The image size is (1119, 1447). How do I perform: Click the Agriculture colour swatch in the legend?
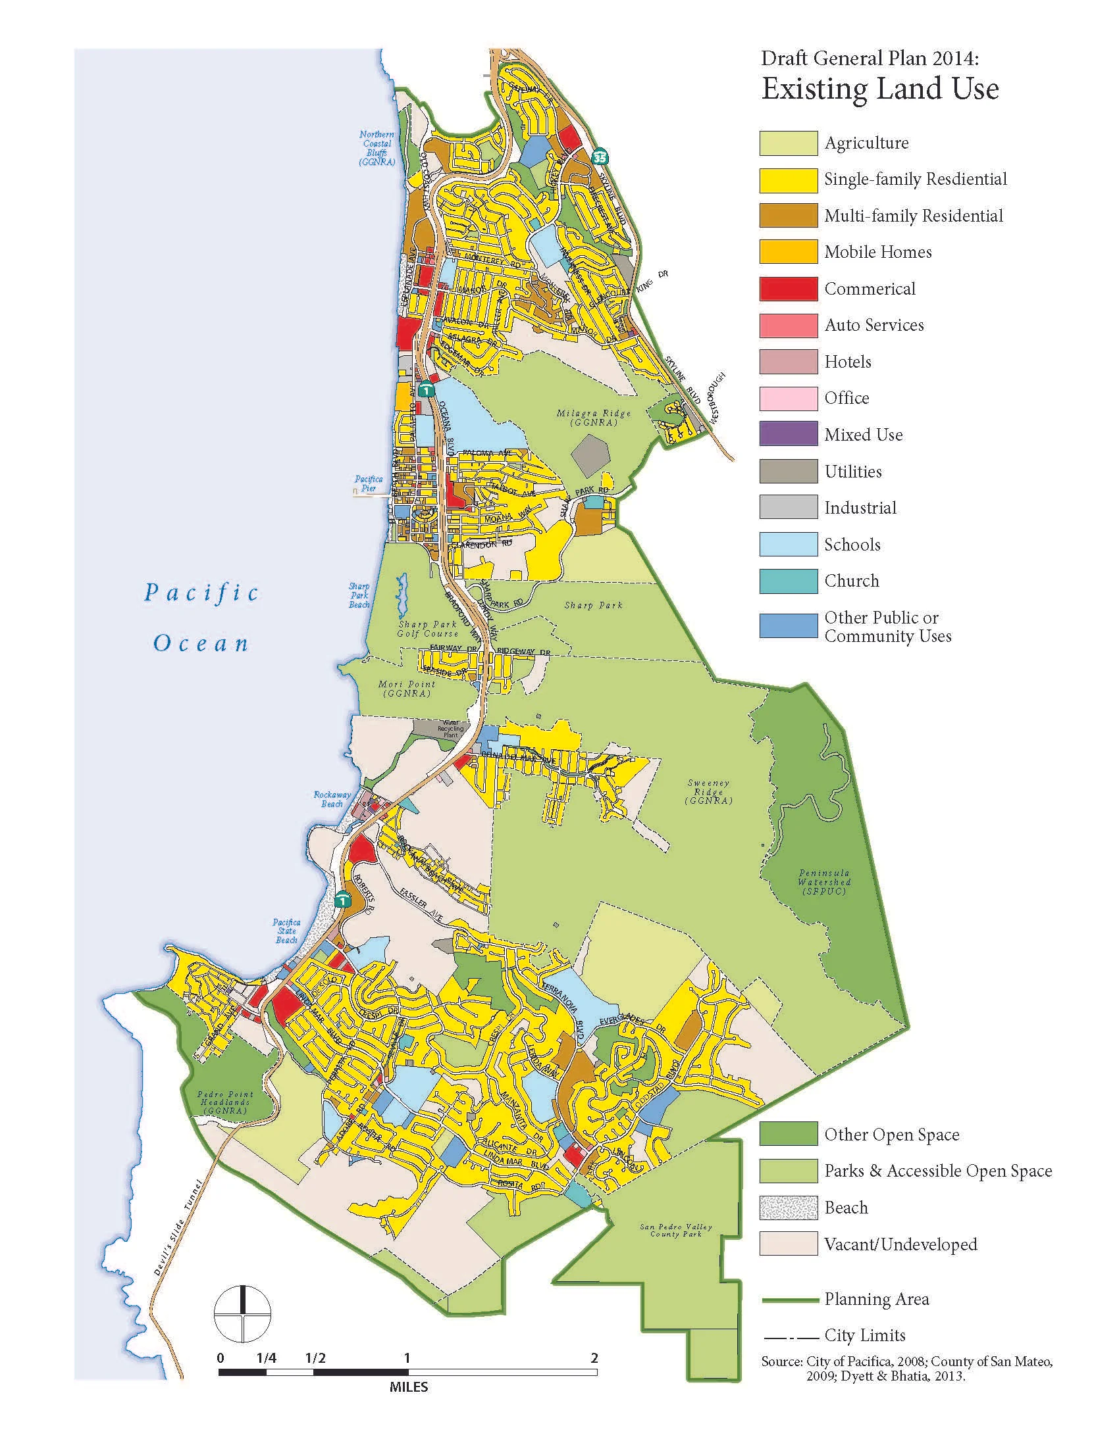787,143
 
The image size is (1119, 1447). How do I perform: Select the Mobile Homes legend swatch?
787,253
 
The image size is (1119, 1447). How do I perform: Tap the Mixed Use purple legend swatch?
787,435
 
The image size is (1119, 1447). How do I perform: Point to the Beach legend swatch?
787,1208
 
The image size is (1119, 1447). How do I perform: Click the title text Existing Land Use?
879,89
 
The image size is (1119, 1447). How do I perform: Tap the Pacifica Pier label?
369,483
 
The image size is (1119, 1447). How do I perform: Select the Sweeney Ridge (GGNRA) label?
709,792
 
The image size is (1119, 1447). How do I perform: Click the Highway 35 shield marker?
600,157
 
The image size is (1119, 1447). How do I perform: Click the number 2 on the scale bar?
594,1358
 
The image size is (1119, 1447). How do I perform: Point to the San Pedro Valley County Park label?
671,1231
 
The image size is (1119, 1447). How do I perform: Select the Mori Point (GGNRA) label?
407,689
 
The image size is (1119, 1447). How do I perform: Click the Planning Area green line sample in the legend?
787,1300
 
